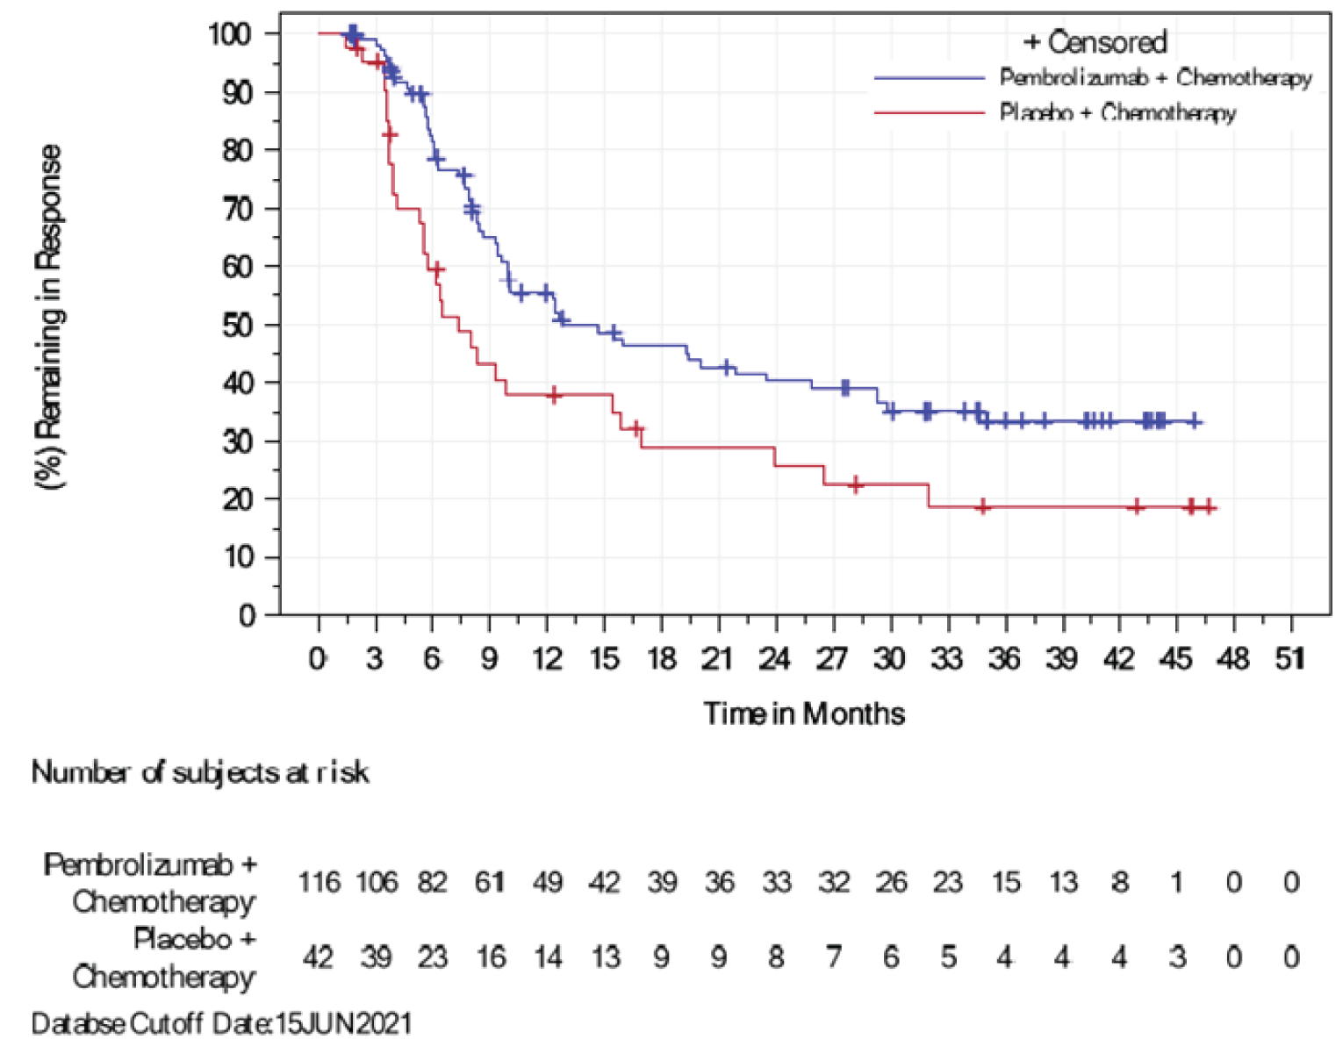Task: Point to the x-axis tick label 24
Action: click(774, 658)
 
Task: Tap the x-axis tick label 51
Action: click(1289, 658)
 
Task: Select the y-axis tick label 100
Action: click(230, 34)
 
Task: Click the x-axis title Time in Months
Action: click(803, 713)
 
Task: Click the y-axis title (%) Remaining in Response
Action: click(49, 316)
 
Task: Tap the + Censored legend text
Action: click(1095, 41)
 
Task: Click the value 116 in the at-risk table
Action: click(319, 882)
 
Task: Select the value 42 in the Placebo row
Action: click(318, 957)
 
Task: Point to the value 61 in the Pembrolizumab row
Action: click(490, 882)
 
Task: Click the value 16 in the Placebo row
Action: click(490, 957)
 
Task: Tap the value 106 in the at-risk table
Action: click(376, 882)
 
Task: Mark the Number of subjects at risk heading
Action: click(200, 772)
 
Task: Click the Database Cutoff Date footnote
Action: click(221, 1024)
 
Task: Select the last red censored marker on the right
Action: click(1209, 507)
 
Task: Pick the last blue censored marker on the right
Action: click(1194, 421)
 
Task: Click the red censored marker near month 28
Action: click(855, 484)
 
